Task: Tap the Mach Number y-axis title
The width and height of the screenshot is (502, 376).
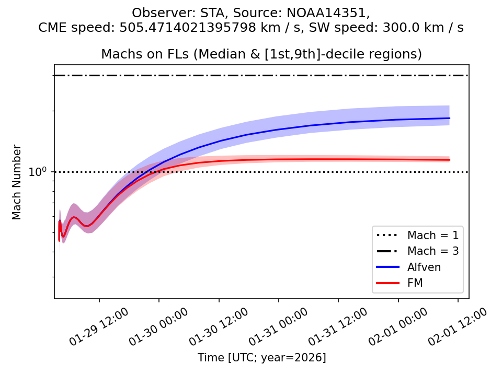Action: [x=17, y=182]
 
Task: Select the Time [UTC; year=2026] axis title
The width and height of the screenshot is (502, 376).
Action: [x=261, y=358]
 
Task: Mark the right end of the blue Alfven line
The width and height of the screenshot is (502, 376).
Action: [x=450, y=118]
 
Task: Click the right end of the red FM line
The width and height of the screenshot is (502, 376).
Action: [x=450, y=160]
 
